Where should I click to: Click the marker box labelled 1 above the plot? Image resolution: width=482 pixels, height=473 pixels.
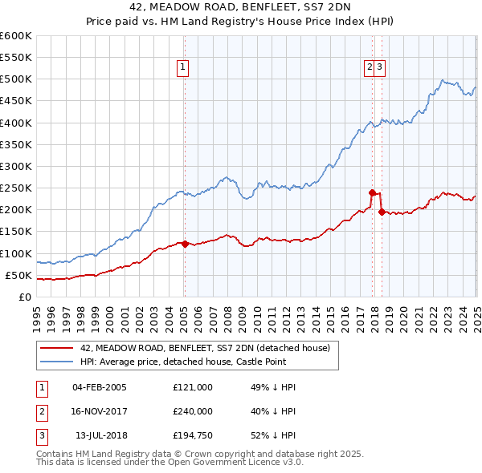click(x=184, y=68)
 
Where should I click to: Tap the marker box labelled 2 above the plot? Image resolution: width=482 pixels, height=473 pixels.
click(x=370, y=68)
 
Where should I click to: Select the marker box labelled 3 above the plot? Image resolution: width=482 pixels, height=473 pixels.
click(x=380, y=68)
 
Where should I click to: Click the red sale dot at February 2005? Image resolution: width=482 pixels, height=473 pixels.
click(x=185, y=244)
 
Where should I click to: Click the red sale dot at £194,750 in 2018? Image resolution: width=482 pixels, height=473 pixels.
click(x=382, y=212)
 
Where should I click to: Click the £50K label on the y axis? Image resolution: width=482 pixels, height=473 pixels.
click(x=19, y=275)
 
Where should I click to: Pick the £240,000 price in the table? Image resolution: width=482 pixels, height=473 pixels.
click(x=192, y=412)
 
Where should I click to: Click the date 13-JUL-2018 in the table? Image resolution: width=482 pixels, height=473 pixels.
click(x=100, y=436)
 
